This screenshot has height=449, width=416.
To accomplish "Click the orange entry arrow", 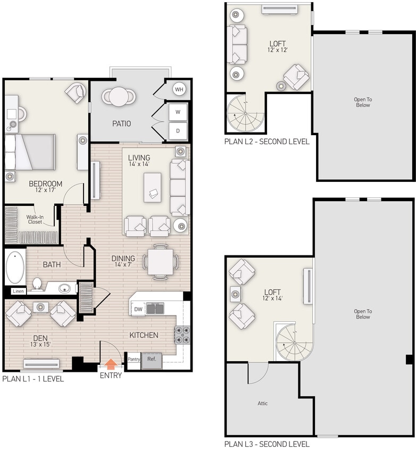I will [x=111, y=364].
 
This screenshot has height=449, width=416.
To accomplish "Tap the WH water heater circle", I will [x=179, y=89].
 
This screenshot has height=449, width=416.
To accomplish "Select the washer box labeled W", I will [x=178, y=112].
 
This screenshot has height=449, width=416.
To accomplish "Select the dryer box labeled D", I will [x=178, y=130].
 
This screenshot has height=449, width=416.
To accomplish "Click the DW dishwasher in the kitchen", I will [x=138, y=309].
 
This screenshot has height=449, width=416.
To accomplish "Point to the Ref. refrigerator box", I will [x=151, y=359].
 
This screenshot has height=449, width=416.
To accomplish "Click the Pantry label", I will [x=133, y=360].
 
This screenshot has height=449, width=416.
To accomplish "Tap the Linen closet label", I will [x=18, y=291].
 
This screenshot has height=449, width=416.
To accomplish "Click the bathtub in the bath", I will [x=15, y=268].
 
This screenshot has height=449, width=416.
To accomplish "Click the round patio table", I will [x=118, y=96].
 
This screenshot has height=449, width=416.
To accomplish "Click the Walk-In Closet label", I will [x=35, y=219].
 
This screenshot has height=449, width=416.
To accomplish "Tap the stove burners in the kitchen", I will [x=182, y=335].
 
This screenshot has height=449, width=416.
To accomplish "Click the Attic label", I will [x=262, y=403].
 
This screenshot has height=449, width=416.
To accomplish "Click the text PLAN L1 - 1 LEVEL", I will [x=33, y=379].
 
